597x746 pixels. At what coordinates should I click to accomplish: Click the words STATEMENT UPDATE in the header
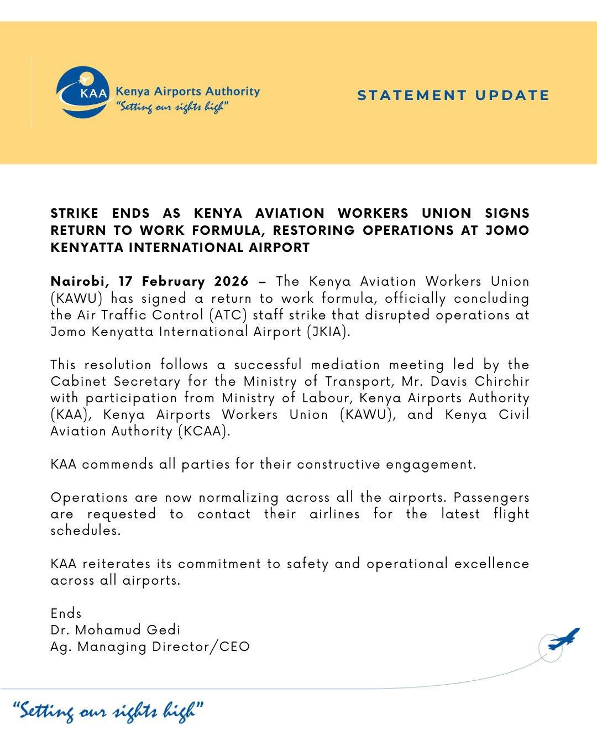coord(453,95)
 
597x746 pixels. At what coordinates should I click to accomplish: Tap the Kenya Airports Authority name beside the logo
coord(187,91)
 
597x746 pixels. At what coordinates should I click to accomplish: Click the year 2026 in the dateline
coord(231,281)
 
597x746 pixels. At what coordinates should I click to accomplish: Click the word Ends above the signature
coord(66,613)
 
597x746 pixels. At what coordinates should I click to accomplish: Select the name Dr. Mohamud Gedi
coord(116,630)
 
